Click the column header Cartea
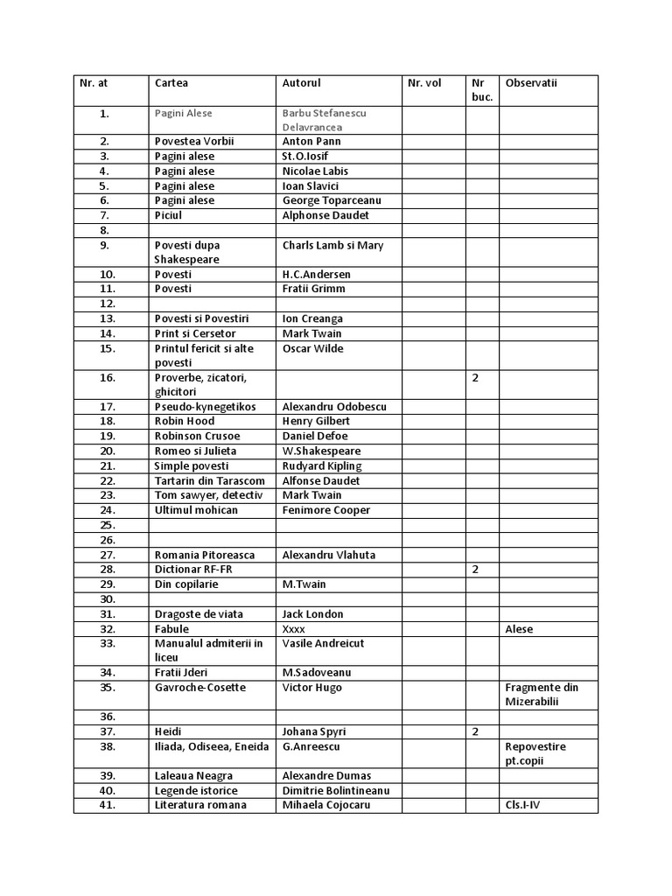click(171, 83)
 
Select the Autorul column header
click(302, 83)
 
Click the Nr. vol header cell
click(424, 83)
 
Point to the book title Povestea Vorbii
click(195, 141)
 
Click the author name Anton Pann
click(311, 141)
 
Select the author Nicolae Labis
click(315, 171)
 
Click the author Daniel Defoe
click(315, 436)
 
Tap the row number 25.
click(108, 525)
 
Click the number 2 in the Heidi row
click(475, 731)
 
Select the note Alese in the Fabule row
click(519, 629)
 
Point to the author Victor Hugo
click(311, 688)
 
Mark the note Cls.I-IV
click(523, 806)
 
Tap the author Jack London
click(312, 614)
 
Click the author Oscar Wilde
click(312, 348)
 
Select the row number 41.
click(108, 806)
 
